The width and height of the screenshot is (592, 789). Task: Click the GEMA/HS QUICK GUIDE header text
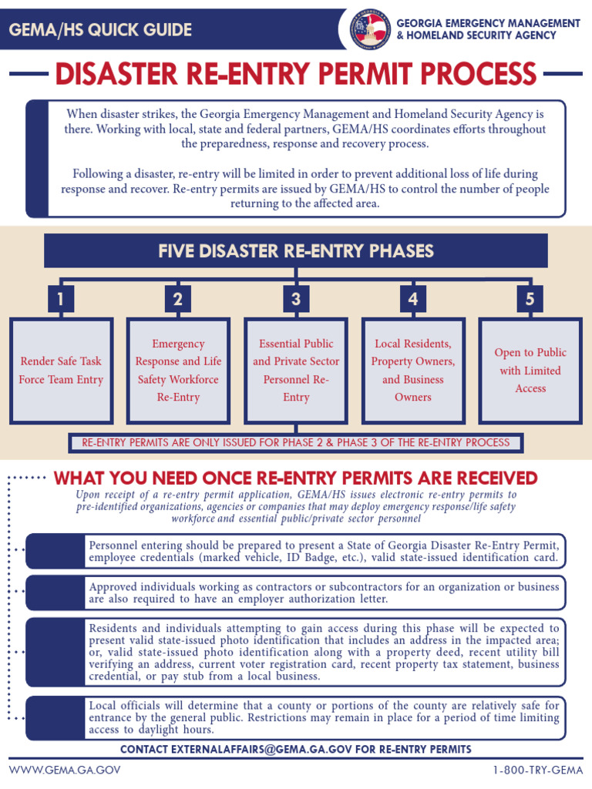pyautogui.click(x=100, y=30)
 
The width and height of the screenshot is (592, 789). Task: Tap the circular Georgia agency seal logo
pyautogui.click(x=370, y=29)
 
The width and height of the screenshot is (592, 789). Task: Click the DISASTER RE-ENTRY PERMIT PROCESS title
pyautogui.click(x=296, y=75)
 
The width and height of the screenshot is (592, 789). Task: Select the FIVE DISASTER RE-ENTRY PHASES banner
pyautogui.click(x=296, y=251)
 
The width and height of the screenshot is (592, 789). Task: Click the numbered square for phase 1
pyautogui.click(x=60, y=299)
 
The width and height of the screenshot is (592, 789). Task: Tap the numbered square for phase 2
pyautogui.click(x=178, y=299)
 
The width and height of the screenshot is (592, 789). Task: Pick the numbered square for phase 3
pyautogui.click(x=296, y=299)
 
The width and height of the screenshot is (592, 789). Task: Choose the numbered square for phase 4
pyautogui.click(x=413, y=299)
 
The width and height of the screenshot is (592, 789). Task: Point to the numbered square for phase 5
pyautogui.click(x=530, y=299)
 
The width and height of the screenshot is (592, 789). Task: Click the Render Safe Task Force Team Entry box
pyautogui.click(x=61, y=371)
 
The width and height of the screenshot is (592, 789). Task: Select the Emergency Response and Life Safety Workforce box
pyautogui.click(x=178, y=371)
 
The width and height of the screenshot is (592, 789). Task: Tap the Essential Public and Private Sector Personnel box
pyautogui.click(x=296, y=371)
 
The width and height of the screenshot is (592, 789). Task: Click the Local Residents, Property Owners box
pyautogui.click(x=413, y=371)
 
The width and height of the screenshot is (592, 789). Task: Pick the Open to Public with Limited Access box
pyautogui.click(x=530, y=371)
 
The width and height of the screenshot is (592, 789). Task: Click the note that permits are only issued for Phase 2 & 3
pyautogui.click(x=296, y=443)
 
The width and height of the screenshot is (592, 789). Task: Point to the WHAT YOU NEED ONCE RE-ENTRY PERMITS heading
pyautogui.click(x=296, y=478)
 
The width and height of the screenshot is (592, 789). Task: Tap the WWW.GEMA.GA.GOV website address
pyautogui.click(x=65, y=771)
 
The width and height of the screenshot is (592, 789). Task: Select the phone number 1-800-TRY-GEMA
pyautogui.click(x=536, y=771)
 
